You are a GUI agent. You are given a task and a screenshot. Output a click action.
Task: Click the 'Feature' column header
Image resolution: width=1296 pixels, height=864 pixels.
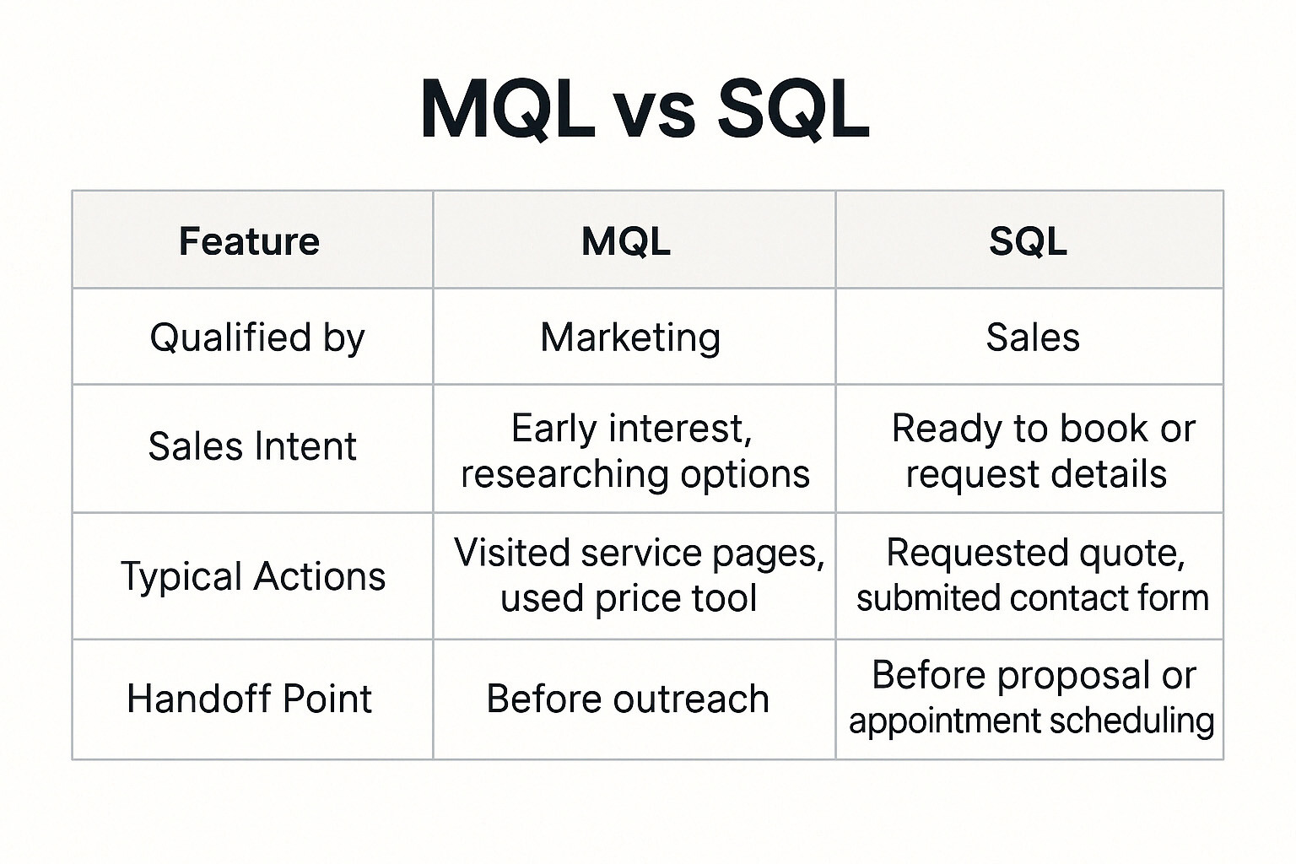click(249, 241)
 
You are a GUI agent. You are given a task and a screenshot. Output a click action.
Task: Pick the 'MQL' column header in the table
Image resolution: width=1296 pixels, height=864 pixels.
click(626, 241)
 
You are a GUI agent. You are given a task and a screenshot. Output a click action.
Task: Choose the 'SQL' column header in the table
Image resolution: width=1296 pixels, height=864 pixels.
click(1028, 241)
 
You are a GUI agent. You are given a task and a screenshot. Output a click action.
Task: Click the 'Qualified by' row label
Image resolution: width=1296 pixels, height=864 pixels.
click(256, 337)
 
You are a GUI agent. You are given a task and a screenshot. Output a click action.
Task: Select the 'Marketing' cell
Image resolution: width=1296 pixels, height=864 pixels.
click(630, 337)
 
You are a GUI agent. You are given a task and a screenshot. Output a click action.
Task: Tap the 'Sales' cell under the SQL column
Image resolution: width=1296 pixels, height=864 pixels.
click(1033, 337)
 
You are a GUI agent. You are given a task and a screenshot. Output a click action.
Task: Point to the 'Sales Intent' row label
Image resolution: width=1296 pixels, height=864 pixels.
click(252, 446)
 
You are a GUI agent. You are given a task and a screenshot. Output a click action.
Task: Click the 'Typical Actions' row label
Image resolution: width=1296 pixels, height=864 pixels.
click(253, 577)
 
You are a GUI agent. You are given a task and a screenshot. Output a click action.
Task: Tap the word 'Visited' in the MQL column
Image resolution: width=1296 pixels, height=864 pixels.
click(510, 553)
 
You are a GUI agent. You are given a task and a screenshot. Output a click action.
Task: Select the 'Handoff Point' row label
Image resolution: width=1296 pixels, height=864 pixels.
click(249, 699)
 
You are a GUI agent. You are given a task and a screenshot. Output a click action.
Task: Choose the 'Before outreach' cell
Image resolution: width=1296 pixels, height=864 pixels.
click(628, 699)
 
